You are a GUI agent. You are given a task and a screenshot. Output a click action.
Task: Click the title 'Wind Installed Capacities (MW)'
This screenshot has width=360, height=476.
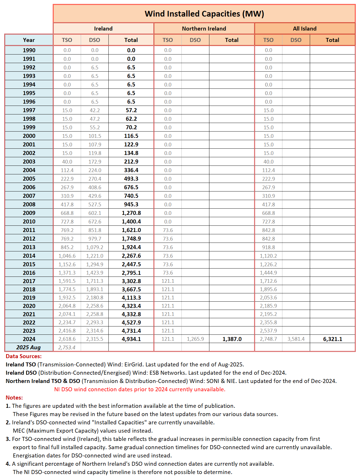pyautogui.click(x=204, y=14)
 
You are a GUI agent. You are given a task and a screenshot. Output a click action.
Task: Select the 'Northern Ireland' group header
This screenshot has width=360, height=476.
pyautogui.click(x=204, y=29)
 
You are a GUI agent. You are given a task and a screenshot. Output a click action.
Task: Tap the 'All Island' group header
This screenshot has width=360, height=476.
pyautogui.click(x=305, y=29)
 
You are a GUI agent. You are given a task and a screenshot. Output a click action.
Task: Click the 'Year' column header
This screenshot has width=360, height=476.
pyautogui.click(x=29, y=40)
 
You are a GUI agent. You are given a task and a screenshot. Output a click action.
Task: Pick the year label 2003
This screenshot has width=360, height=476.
pyautogui.click(x=29, y=162)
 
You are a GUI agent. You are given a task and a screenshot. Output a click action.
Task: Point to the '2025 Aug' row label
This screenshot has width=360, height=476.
pyautogui.click(x=29, y=347)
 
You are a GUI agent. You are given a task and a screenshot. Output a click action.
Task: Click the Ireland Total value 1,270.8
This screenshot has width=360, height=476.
pyautogui.click(x=131, y=213)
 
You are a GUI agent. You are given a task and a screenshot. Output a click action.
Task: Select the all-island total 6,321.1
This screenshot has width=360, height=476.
pyautogui.click(x=333, y=339)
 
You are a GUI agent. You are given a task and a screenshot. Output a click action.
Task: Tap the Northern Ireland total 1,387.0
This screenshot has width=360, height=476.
pyautogui.click(x=232, y=339)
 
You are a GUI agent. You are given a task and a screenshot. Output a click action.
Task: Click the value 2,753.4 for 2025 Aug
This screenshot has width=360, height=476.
pyautogui.click(x=67, y=347)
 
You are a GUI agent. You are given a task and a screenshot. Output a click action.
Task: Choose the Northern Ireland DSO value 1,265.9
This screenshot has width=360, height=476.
pyautogui.click(x=195, y=339)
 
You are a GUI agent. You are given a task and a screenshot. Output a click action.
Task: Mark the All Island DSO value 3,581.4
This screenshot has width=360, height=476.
pyautogui.click(x=296, y=339)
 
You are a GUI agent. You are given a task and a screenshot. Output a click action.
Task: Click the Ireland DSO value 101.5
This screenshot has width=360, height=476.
pyautogui.click(x=95, y=136)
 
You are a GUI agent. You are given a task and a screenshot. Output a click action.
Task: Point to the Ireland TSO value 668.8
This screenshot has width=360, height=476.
pyautogui.click(x=67, y=213)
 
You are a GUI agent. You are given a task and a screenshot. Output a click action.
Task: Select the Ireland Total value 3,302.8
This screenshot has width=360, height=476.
pyautogui.click(x=131, y=281)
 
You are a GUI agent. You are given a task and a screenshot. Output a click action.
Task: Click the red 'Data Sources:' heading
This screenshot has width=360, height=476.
pyautogui.click(x=24, y=356)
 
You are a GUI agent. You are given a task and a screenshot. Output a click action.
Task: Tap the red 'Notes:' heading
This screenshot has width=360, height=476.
pyautogui.click(x=14, y=398)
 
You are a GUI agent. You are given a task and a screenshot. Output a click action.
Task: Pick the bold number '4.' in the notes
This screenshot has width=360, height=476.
pyautogui.click(x=8, y=464)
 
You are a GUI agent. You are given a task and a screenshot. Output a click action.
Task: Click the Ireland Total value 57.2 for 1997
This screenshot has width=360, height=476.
pyautogui.click(x=131, y=110)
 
